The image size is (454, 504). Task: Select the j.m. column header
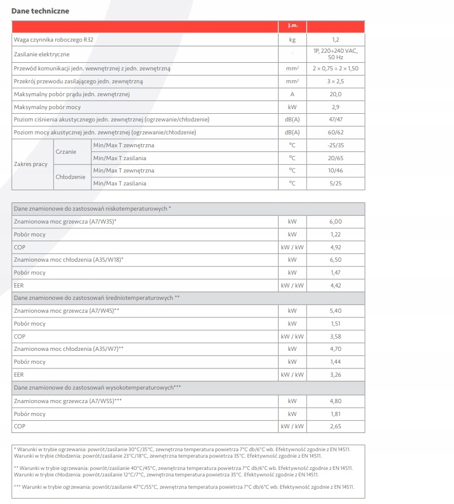(x=292, y=26)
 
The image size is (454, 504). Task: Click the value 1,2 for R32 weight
(x=336, y=40)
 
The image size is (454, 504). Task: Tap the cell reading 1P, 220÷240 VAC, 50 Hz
(x=336, y=55)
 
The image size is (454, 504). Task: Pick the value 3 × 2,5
(x=336, y=82)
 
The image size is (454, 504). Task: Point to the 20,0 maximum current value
(x=336, y=94)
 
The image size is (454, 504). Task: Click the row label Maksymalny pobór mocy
(x=48, y=107)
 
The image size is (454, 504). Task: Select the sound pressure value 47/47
(x=336, y=120)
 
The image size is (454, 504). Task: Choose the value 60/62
(x=336, y=133)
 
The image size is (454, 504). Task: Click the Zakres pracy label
(x=31, y=164)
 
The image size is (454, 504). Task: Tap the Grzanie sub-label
(x=66, y=151)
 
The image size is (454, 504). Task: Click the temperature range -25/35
(x=336, y=146)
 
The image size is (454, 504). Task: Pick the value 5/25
(x=336, y=184)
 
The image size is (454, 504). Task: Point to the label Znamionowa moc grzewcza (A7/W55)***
(x=68, y=401)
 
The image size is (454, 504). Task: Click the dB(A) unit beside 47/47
(x=292, y=120)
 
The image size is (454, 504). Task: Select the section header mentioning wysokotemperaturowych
(x=97, y=388)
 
